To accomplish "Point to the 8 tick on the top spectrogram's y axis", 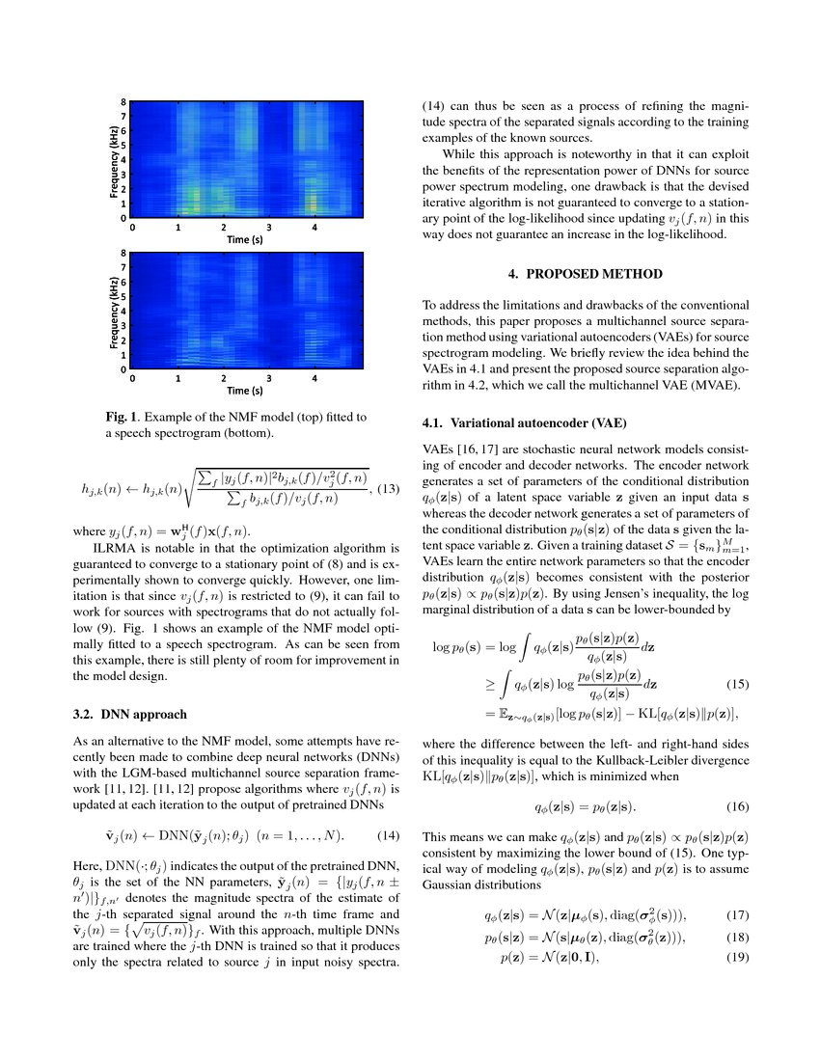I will point(123,101).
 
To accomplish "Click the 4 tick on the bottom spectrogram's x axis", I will point(315,379).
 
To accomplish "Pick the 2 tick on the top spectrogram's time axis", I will point(224,227).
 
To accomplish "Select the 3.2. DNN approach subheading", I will point(130,688).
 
